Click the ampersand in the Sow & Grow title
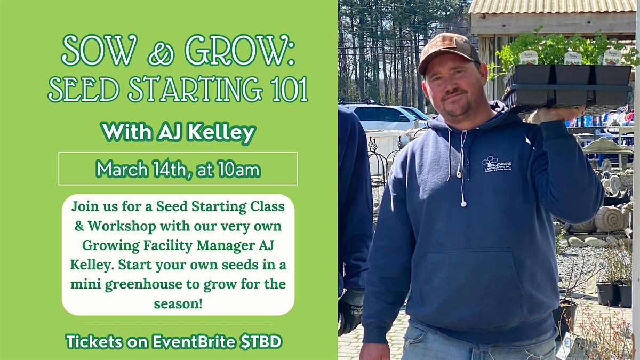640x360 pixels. [x=161, y=53]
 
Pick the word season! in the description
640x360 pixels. [x=178, y=303]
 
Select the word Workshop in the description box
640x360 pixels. [x=122, y=226]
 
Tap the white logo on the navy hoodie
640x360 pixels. [x=497, y=165]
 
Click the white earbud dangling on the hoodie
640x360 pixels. [x=463, y=204]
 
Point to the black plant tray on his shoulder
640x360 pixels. [x=567, y=87]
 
